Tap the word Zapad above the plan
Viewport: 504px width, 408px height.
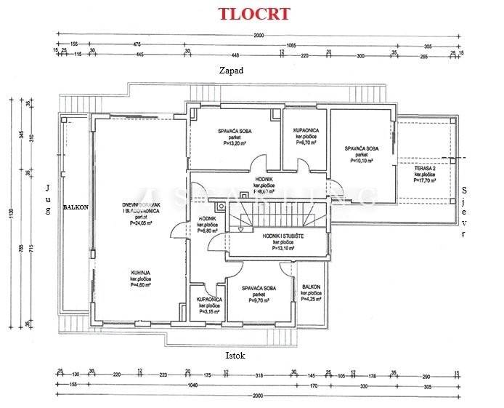(231, 71)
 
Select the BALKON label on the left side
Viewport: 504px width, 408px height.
(76, 207)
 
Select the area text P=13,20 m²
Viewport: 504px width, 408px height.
(235, 144)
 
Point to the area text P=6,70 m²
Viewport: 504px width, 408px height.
(303, 144)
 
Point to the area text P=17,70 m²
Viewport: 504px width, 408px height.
(425, 181)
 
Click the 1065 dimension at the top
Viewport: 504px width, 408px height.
(290, 44)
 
